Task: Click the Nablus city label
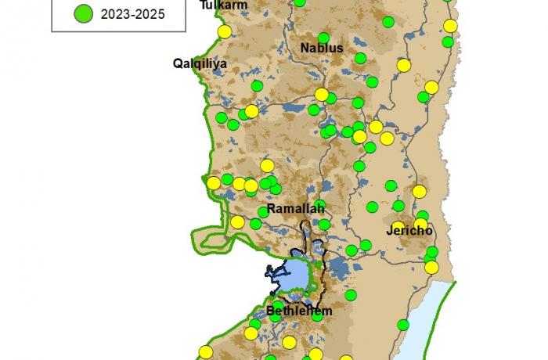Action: pyautogui.click(x=322, y=48)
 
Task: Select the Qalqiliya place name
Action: pyautogui.click(x=200, y=63)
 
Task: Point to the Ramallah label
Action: pyautogui.click(x=295, y=209)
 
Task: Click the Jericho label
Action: pyautogui.click(x=409, y=232)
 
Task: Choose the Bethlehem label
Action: pyautogui.click(x=299, y=311)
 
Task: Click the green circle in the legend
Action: pyautogui.click(x=84, y=13)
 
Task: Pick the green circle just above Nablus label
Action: pyautogui.click(x=323, y=37)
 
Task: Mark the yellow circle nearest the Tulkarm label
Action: pyautogui.click(x=225, y=32)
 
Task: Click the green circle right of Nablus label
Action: pyautogui.click(x=360, y=58)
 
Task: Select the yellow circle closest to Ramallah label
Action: pyautogui.click(x=237, y=222)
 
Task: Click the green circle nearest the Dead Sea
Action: pyautogui.click(x=403, y=324)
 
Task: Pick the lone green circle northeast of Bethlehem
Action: pyautogui.click(x=351, y=295)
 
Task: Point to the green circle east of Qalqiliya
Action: pyautogui.click(x=257, y=85)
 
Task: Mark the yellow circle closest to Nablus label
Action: pyautogui.click(x=321, y=94)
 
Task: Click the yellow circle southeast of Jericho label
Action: pyautogui.click(x=432, y=266)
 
